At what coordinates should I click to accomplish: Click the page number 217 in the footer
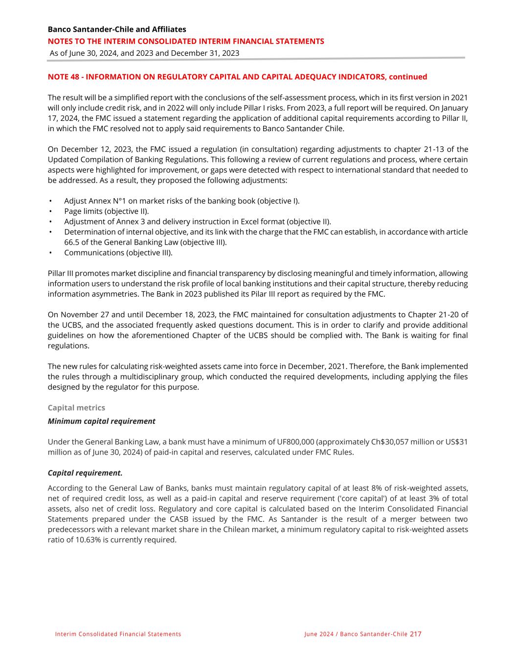pos(415,634)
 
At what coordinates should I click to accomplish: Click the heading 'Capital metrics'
pos(76,408)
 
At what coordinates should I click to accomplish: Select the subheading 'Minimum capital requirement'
pos(101,421)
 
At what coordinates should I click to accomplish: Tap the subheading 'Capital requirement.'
pos(85,473)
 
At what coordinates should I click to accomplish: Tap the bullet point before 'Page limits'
pos(50,211)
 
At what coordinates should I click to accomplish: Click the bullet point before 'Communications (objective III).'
pos(50,253)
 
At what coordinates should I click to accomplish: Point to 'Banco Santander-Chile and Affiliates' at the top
pos(117,29)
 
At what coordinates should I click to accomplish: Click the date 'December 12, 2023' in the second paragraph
pos(95,149)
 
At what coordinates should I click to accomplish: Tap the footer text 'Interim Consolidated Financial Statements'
pos(118,634)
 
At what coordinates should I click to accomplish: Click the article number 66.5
pos(72,242)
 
